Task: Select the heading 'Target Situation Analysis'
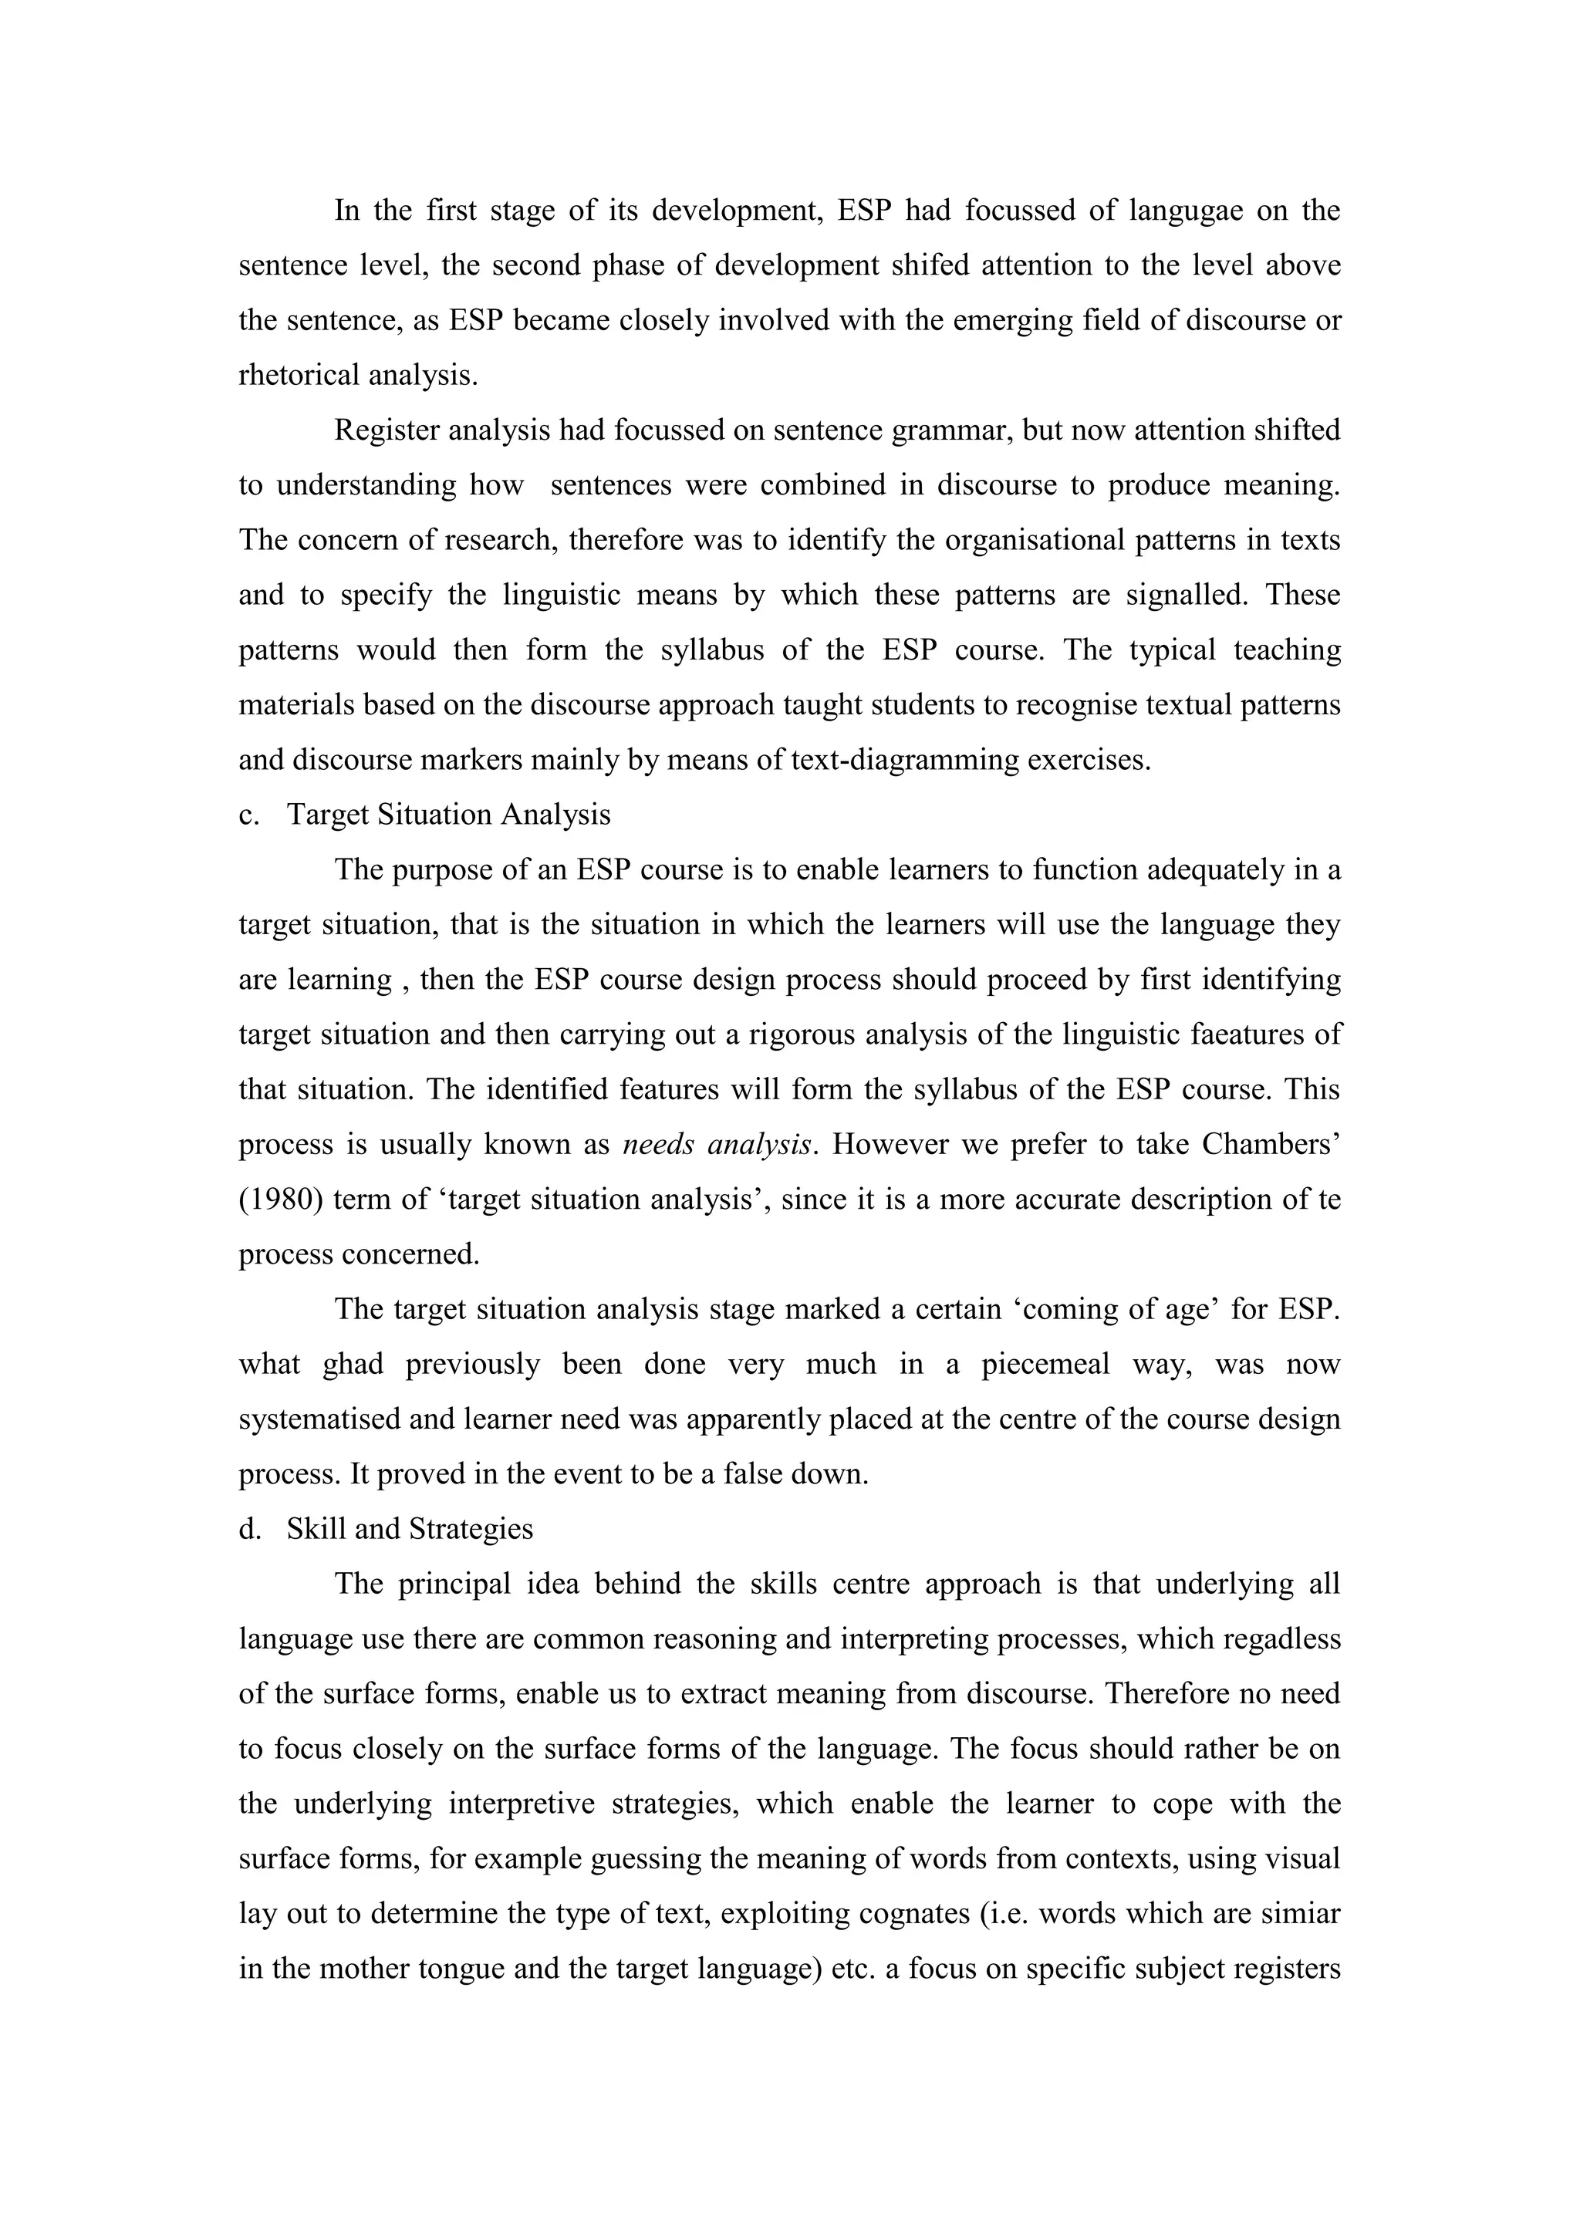click(448, 815)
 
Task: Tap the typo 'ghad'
click(353, 1364)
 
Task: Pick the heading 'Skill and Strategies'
click(410, 1530)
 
